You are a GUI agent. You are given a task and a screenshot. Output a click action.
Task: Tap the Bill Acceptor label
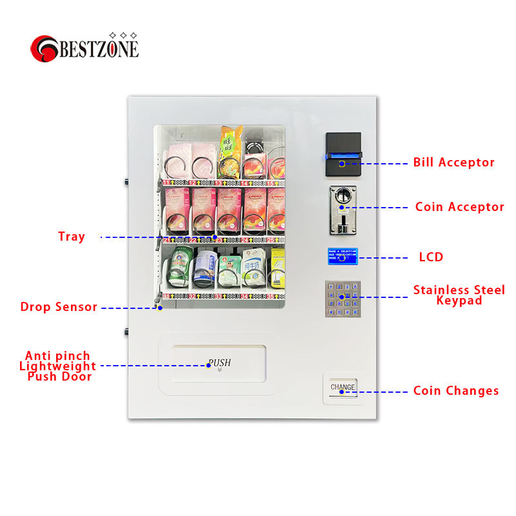pyautogui.click(x=453, y=163)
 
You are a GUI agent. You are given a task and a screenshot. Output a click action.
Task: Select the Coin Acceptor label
pyautogui.click(x=459, y=207)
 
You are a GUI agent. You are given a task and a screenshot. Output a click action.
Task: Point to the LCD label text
pyautogui.click(x=431, y=257)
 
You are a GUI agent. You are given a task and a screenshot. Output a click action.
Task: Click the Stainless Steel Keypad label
pyautogui.click(x=459, y=295)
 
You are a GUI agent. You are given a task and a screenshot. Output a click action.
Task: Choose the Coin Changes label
pyautogui.click(x=455, y=391)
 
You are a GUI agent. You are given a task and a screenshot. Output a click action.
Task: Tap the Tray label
pyautogui.click(x=72, y=237)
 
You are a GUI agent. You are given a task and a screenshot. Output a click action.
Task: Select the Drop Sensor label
pyautogui.click(x=59, y=307)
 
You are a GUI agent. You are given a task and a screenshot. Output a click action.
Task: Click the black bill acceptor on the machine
pyautogui.click(x=343, y=155)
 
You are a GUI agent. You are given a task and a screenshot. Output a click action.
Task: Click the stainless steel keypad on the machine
pyautogui.click(x=342, y=298)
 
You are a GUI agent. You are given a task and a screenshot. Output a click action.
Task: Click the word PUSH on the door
pyautogui.click(x=219, y=364)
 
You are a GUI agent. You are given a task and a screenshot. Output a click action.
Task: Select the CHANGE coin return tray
pyautogui.click(x=342, y=389)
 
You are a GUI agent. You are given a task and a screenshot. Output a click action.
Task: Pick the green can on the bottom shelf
pyautogui.click(x=177, y=269)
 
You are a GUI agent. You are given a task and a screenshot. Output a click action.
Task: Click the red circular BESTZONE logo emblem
pyautogui.click(x=45, y=48)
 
